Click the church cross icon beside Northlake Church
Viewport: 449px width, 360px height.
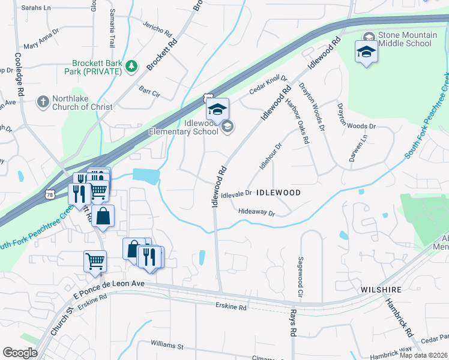[43, 102]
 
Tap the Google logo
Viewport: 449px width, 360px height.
[20, 352]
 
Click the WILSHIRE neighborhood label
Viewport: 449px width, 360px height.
[381, 290]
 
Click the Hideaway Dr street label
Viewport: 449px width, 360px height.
[256, 212]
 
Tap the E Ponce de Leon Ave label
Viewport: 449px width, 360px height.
[109, 289]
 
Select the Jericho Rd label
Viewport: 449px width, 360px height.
[157, 26]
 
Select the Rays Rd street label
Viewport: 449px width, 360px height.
[293, 324]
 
